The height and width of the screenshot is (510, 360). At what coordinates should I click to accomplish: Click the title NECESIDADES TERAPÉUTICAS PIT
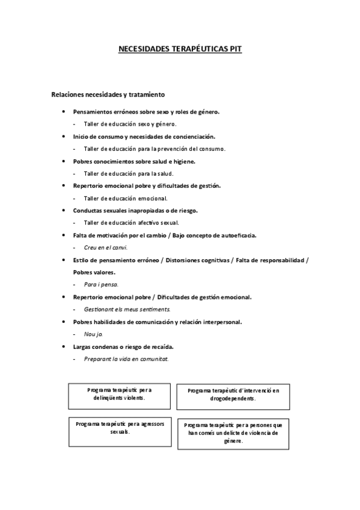(180, 51)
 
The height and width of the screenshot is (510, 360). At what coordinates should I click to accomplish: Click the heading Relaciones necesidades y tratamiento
(108, 94)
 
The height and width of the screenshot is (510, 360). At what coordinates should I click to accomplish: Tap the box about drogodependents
(233, 395)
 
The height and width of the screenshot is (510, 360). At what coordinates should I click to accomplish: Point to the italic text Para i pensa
(101, 284)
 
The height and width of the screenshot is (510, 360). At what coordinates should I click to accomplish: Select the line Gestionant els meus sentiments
(127, 309)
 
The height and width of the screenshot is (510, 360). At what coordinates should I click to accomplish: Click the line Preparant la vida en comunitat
(126, 359)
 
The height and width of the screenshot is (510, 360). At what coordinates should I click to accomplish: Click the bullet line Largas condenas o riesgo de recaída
(132, 347)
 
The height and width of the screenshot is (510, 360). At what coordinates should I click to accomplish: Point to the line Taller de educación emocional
(125, 198)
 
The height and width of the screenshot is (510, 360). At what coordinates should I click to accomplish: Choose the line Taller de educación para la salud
(129, 173)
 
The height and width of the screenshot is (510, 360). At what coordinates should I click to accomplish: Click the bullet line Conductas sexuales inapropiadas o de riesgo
(135, 210)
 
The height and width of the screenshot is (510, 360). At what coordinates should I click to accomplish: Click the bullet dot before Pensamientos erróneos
(64, 112)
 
